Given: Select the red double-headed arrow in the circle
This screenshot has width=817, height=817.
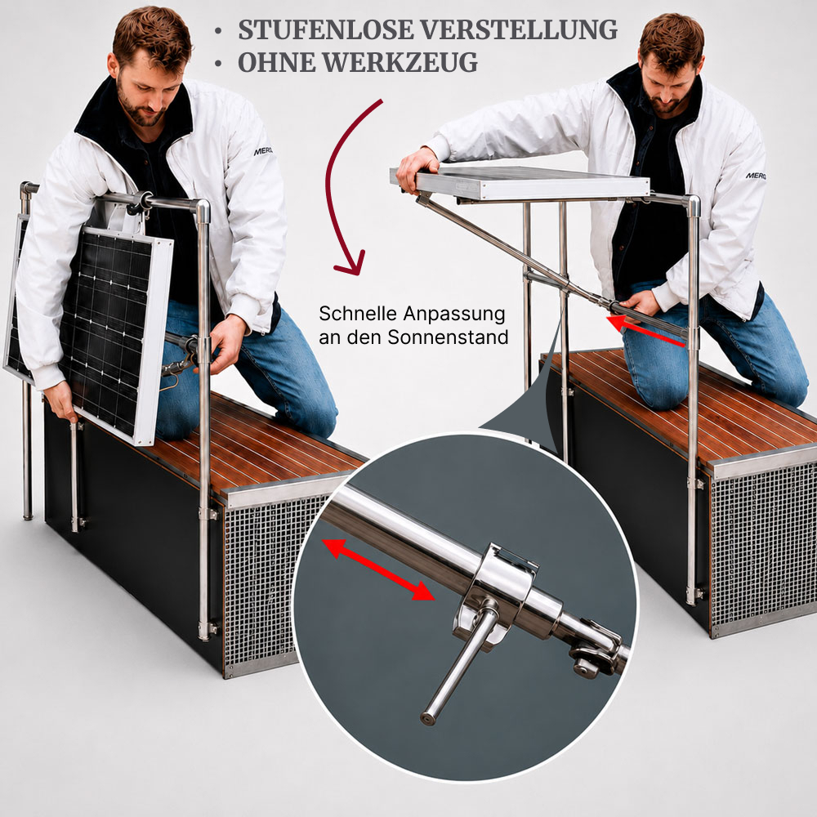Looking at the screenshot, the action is pos(379,570).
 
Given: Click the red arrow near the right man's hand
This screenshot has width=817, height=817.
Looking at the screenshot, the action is pos(646,329).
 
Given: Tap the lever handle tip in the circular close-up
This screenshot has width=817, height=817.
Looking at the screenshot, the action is pos(428,718).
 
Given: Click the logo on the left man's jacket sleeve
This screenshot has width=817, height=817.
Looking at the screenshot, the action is pos(263,152).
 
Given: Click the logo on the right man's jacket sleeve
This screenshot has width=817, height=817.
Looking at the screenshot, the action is pos(756,176).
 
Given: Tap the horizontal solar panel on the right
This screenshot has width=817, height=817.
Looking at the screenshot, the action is pos(520,183).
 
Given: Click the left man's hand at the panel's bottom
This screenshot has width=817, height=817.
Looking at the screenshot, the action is pos(61,407).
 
